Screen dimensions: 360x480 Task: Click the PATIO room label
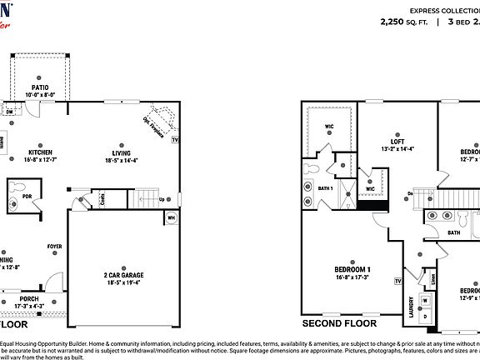coord(39,86)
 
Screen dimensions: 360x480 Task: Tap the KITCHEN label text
coord(40,152)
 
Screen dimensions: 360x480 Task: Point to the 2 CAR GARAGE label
coord(122,276)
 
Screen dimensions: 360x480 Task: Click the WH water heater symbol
coord(172,219)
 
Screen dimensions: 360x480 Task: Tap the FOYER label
coord(54,247)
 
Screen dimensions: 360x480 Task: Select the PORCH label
coord(29,299)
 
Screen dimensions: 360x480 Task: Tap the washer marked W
coord(425,300)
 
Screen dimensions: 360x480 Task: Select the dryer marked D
coord(425,316)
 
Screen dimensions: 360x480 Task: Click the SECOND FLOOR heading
coord(339,323)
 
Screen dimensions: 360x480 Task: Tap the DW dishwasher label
coord(9,110)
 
